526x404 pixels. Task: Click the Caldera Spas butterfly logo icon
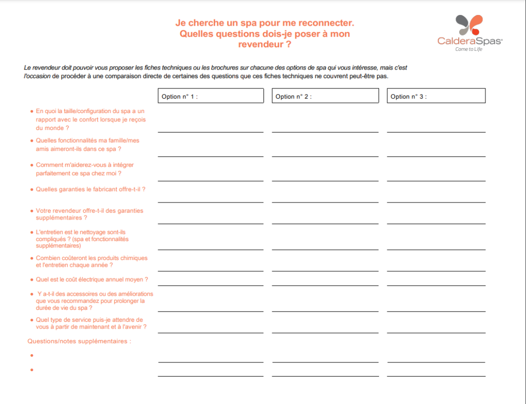469,25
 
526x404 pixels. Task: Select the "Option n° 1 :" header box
211,96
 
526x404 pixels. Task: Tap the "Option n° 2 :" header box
325,96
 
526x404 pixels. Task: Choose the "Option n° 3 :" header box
436,96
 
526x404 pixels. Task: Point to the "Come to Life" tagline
469,49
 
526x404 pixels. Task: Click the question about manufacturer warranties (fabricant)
90,189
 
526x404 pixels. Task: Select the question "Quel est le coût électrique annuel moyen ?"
92,280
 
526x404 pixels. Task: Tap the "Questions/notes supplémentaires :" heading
79,341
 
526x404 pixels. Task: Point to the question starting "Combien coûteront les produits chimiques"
91,262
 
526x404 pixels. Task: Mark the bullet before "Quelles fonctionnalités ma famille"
32,140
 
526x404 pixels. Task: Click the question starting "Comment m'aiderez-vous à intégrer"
85,169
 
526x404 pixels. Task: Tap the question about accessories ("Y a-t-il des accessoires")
94,301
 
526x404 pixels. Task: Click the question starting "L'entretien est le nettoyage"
82,239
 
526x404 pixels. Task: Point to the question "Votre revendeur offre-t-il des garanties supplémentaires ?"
89,214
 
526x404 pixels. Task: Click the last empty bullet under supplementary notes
32,370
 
